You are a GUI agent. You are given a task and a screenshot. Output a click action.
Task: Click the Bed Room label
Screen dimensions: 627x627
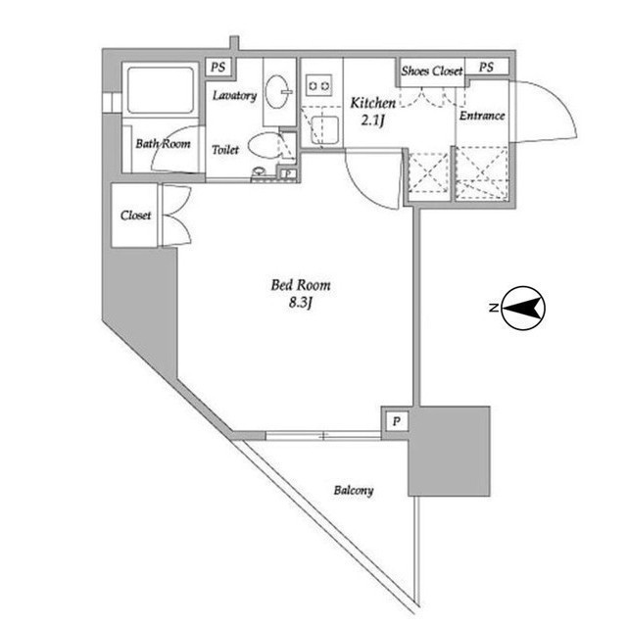pyautogui.click(x=301, y=285)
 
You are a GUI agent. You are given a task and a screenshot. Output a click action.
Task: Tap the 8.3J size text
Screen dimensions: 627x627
pyautogui.click(x=301, y=303)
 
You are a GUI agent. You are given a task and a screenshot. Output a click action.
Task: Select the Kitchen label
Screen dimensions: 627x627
pyautogui.click(x=372, y=103)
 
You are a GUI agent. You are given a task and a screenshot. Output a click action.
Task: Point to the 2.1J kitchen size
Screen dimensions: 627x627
pyautogui.click(x=372, y=120)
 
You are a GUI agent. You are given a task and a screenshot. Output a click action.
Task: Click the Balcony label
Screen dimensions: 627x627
pyautogui.click(x=354, y=490)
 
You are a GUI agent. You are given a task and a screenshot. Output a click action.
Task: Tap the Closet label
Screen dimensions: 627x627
pyautogui.click(x=135, y=216)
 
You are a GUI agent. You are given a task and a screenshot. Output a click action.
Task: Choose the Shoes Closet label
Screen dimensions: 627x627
pyautogui.click(x=432, y=72)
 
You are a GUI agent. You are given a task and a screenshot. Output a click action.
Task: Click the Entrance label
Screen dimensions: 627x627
pyautogui.click(x=482, y=116)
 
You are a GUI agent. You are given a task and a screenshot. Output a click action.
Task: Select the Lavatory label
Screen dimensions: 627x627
pyautogui.click(x=234, y=95)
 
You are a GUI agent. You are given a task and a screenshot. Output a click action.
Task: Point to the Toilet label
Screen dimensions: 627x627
pyautogui.click(x=225, y=150)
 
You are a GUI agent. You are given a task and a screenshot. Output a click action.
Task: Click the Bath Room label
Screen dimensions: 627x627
pyautogui.click(x=163, y=144)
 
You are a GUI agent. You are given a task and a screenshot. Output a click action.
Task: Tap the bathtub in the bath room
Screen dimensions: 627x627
pyautogui.click(x=161, y=90)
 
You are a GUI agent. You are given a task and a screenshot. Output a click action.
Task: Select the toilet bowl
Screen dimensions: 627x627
pyautogui.click(x=264, y=145)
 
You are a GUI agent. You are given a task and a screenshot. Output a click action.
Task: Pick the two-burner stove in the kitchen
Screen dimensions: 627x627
pyautogui.click(x=318, y=85)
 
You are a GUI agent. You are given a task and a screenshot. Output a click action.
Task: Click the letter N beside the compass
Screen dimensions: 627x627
pyautogui.click(x=494, y=308)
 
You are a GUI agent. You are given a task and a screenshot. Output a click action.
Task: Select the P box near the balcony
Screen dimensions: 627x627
pyautogui.click(x=396, y=421)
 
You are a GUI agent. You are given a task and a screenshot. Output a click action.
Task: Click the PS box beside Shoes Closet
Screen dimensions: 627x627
pyautogui.click(x=487, y=67)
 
